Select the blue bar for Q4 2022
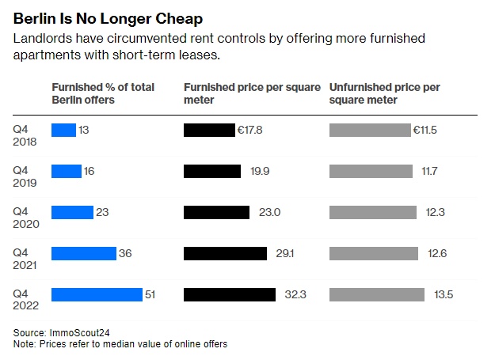97,294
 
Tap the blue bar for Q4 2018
63,130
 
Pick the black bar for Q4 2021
225,253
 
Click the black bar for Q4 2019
212,171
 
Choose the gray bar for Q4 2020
372,212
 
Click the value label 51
150,294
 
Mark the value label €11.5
424,130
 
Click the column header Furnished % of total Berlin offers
103,93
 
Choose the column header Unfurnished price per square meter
384,93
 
